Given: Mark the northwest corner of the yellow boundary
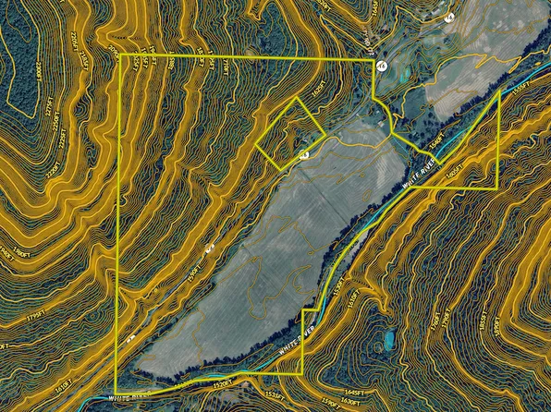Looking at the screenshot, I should (121, 56).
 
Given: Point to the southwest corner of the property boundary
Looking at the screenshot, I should (116, 394).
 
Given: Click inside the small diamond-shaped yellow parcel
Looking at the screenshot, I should (289, 133).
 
